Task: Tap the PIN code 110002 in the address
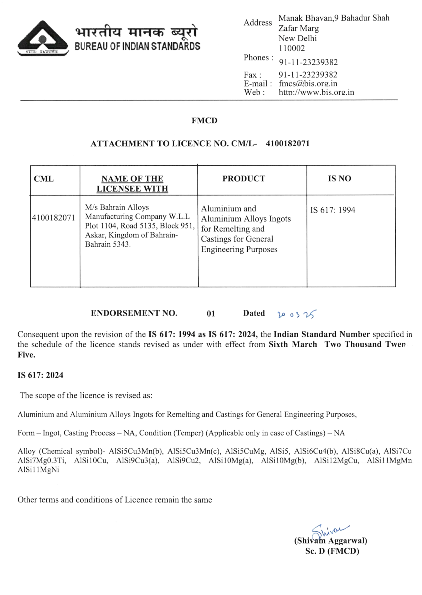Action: click(x=291, y=48)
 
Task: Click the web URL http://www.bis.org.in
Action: click(x=316, y=92)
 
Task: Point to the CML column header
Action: click(x=44, y=179)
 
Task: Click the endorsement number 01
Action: click(x=211, y=314)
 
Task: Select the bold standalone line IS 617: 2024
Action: click(x=40, y=375)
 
